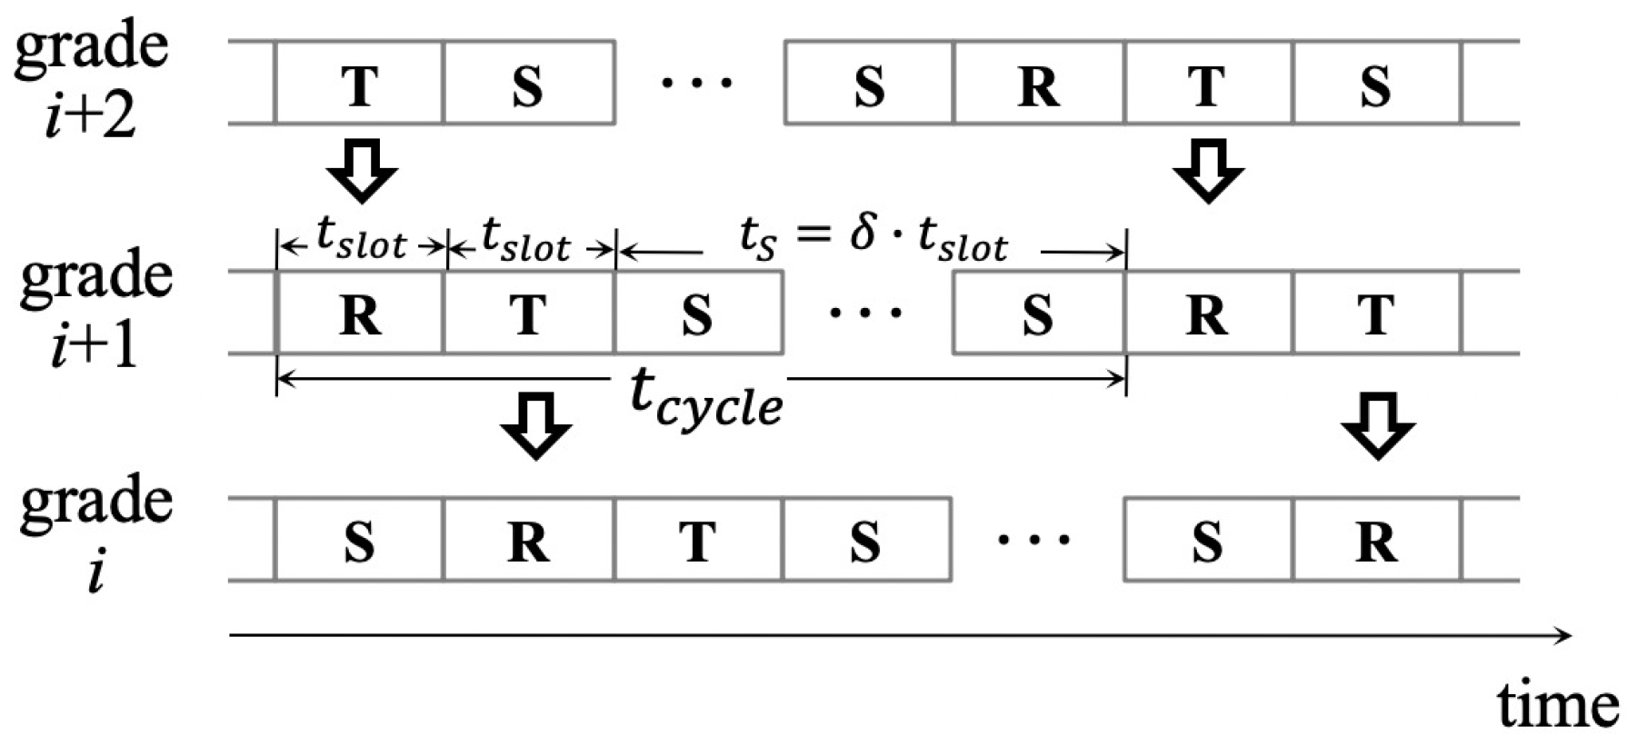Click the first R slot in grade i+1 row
(x=360, y=313)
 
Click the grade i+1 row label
(x=95, y=309)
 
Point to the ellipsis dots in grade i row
(x=1034, y=540)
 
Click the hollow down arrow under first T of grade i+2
(x=362, y=171)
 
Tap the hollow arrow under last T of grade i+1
(x=1378, y=425)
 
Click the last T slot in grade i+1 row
(x=1376, y=313)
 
